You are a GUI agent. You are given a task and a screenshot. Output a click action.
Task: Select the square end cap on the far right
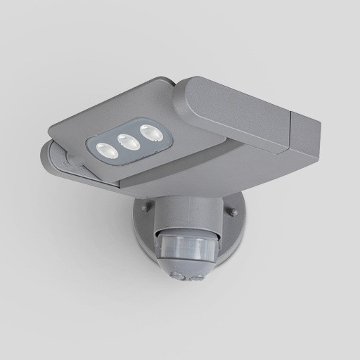pyautogui.click(x=304, y=137)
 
